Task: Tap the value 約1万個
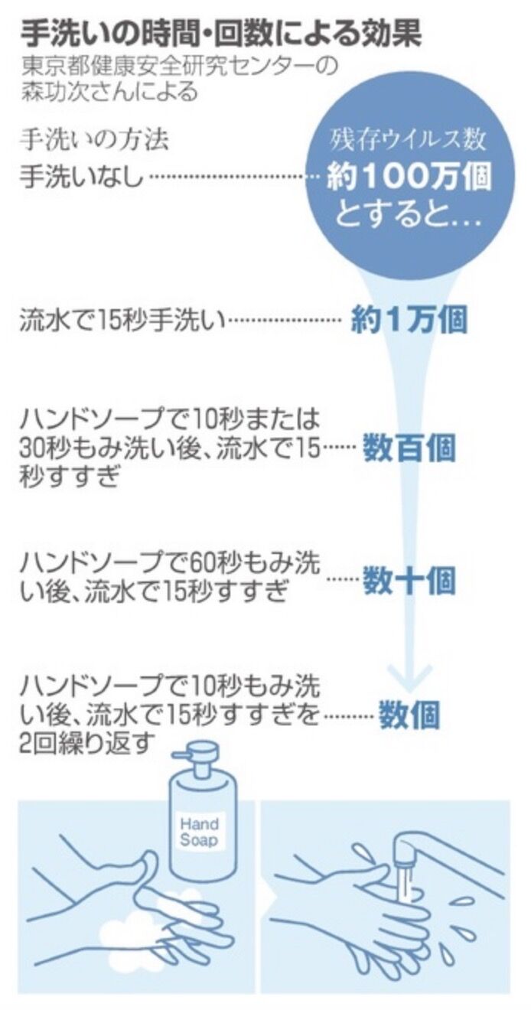pyautogui.click(x=409, y=321)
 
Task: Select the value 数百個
pyautogui.click(x=409, y=449)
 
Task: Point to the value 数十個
pyautogui.click(x=409, y=580)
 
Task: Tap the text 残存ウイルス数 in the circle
pyautogui.click(x=408, y=140)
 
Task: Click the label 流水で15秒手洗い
pyautogui.click(x=122, y=321)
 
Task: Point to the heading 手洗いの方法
pyautogui.click(x=94, y=141)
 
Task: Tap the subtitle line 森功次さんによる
pyautogui.click(x=109, y=92)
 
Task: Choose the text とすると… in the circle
pyautogui.click(x=409, y=216)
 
